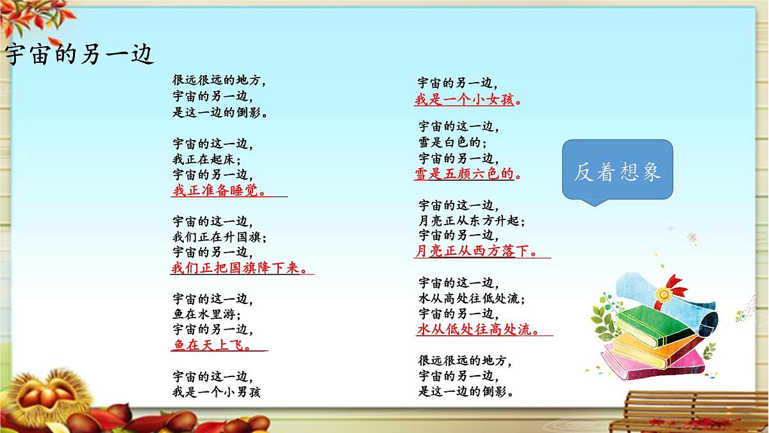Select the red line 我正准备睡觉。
pos(220,190)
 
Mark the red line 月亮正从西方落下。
pos(477,251)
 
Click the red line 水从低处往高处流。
pos(477,330)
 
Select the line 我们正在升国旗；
pos(219,236)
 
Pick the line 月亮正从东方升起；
pos(472,221)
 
